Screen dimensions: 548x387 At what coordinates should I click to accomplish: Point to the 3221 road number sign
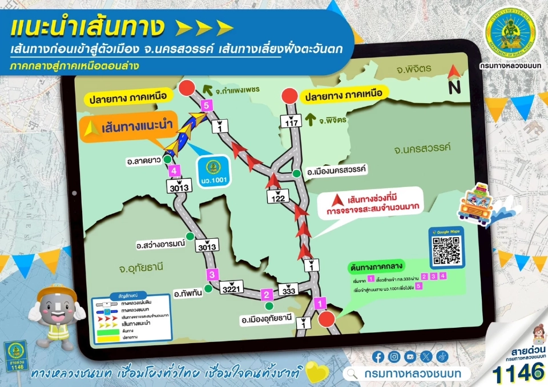click(232, 289)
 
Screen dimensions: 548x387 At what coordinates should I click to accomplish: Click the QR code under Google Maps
click(446, 250)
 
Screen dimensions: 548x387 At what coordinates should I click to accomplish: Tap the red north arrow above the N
click(454, 72)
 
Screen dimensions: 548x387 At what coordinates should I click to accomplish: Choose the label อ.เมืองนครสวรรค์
click(336, 170)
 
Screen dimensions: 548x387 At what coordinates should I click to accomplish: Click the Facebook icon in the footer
click(378, 356)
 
